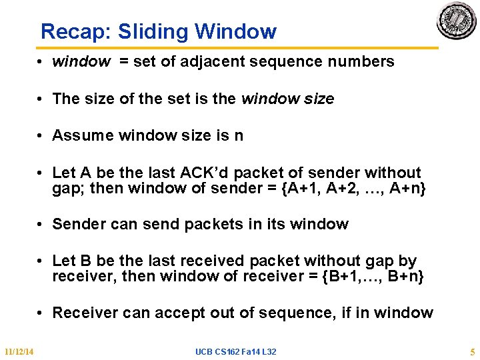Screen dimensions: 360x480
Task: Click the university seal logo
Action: click(x=456, y=21)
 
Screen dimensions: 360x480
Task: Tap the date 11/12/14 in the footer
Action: click(x=19, y=351)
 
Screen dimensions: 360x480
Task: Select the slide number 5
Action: click(x=471, y=351)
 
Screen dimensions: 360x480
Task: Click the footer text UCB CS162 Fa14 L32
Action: click(x=235, y=351)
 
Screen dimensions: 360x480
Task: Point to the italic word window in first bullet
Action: click(x=81, y=62)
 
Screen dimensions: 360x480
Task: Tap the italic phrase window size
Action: click(x=287, y=99)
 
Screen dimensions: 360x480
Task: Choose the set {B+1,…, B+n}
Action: click(x=373, y=276)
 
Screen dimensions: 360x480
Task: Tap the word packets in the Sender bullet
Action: click(x=210, y=224)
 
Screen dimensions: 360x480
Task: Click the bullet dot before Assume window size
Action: click(x=41, y=135)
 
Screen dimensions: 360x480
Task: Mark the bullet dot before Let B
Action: click(x=41, y=261)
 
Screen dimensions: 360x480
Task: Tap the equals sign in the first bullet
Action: click(x=124, y=62)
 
